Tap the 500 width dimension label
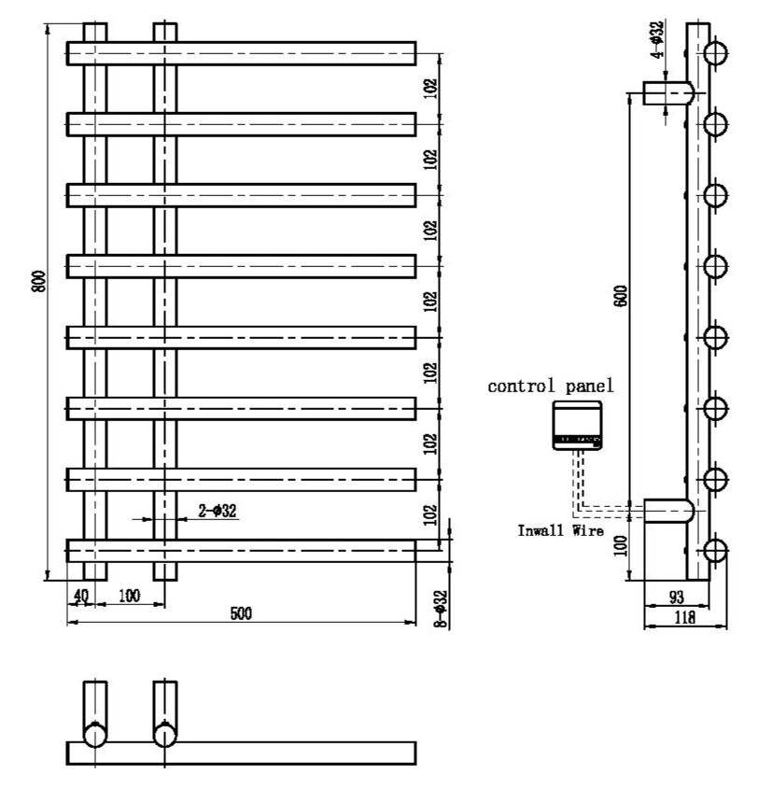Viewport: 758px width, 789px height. (x=241, y=613)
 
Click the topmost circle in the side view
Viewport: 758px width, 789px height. (x=715, y=52)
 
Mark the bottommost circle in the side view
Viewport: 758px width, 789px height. (x=715, y=550)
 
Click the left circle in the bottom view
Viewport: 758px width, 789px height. (x=95, y=735)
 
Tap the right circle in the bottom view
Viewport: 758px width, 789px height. (x=165, y=735)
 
